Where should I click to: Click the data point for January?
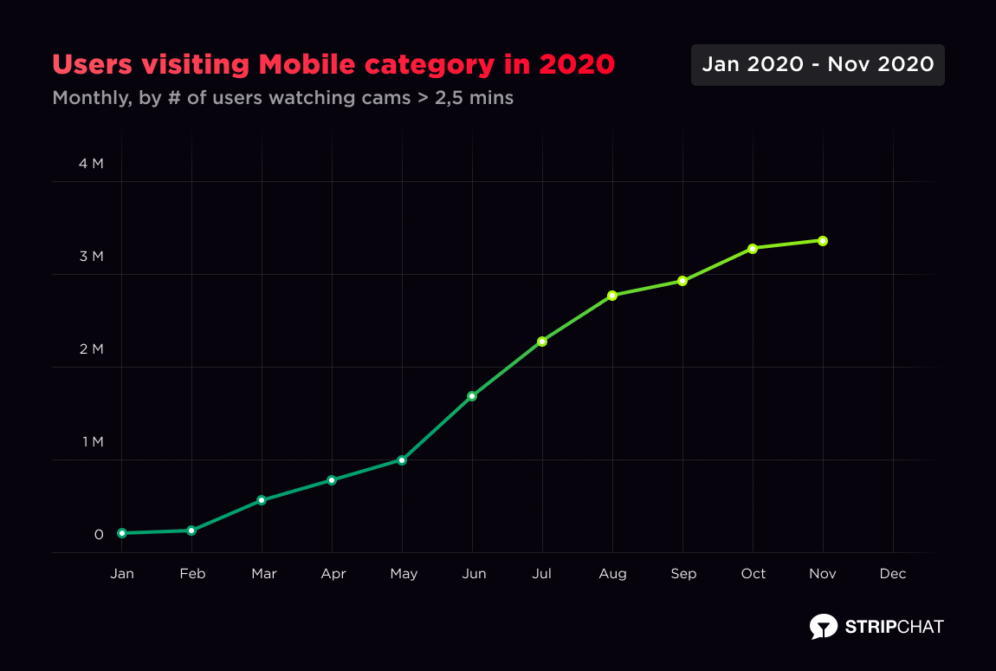122,533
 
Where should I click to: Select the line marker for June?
472,396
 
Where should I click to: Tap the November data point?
823,241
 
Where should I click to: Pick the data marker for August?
612,296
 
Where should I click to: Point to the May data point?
402,460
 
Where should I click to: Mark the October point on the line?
753,249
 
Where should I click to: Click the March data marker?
262,500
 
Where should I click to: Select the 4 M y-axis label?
91,164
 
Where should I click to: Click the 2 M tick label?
91,349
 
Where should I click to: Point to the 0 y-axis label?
99,535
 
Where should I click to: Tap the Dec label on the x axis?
893,574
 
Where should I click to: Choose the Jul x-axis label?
542,574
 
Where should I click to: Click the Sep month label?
683,574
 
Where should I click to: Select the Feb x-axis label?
192,574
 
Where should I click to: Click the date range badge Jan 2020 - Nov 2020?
818,65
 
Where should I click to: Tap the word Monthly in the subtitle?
89,98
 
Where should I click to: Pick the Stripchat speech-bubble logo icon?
824,626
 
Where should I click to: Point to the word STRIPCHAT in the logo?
895,626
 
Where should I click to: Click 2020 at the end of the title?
577,65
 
